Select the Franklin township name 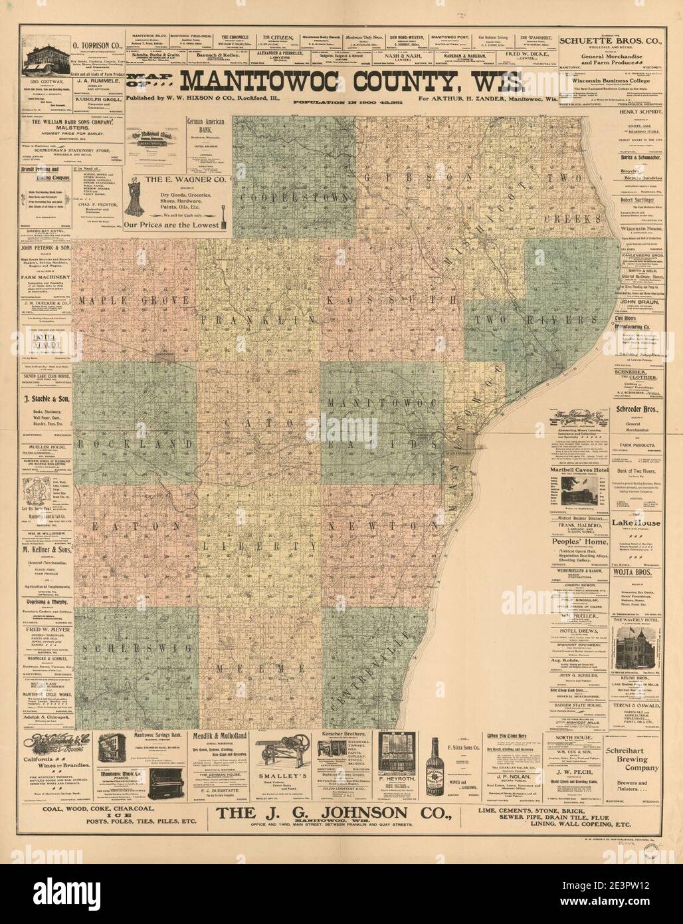[x=258, y=319]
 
